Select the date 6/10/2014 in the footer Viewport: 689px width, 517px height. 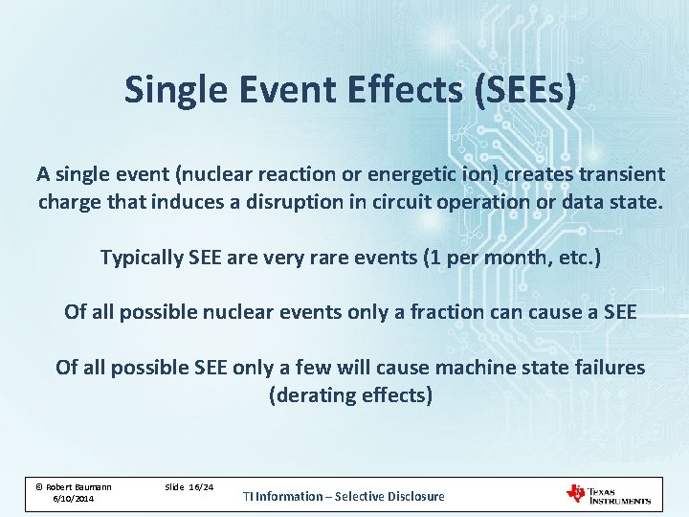pos(73,499)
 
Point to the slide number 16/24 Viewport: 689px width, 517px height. pos(200,487)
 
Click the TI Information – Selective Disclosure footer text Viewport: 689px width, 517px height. pos(344,496)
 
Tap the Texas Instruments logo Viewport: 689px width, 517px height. pos(608,494)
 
